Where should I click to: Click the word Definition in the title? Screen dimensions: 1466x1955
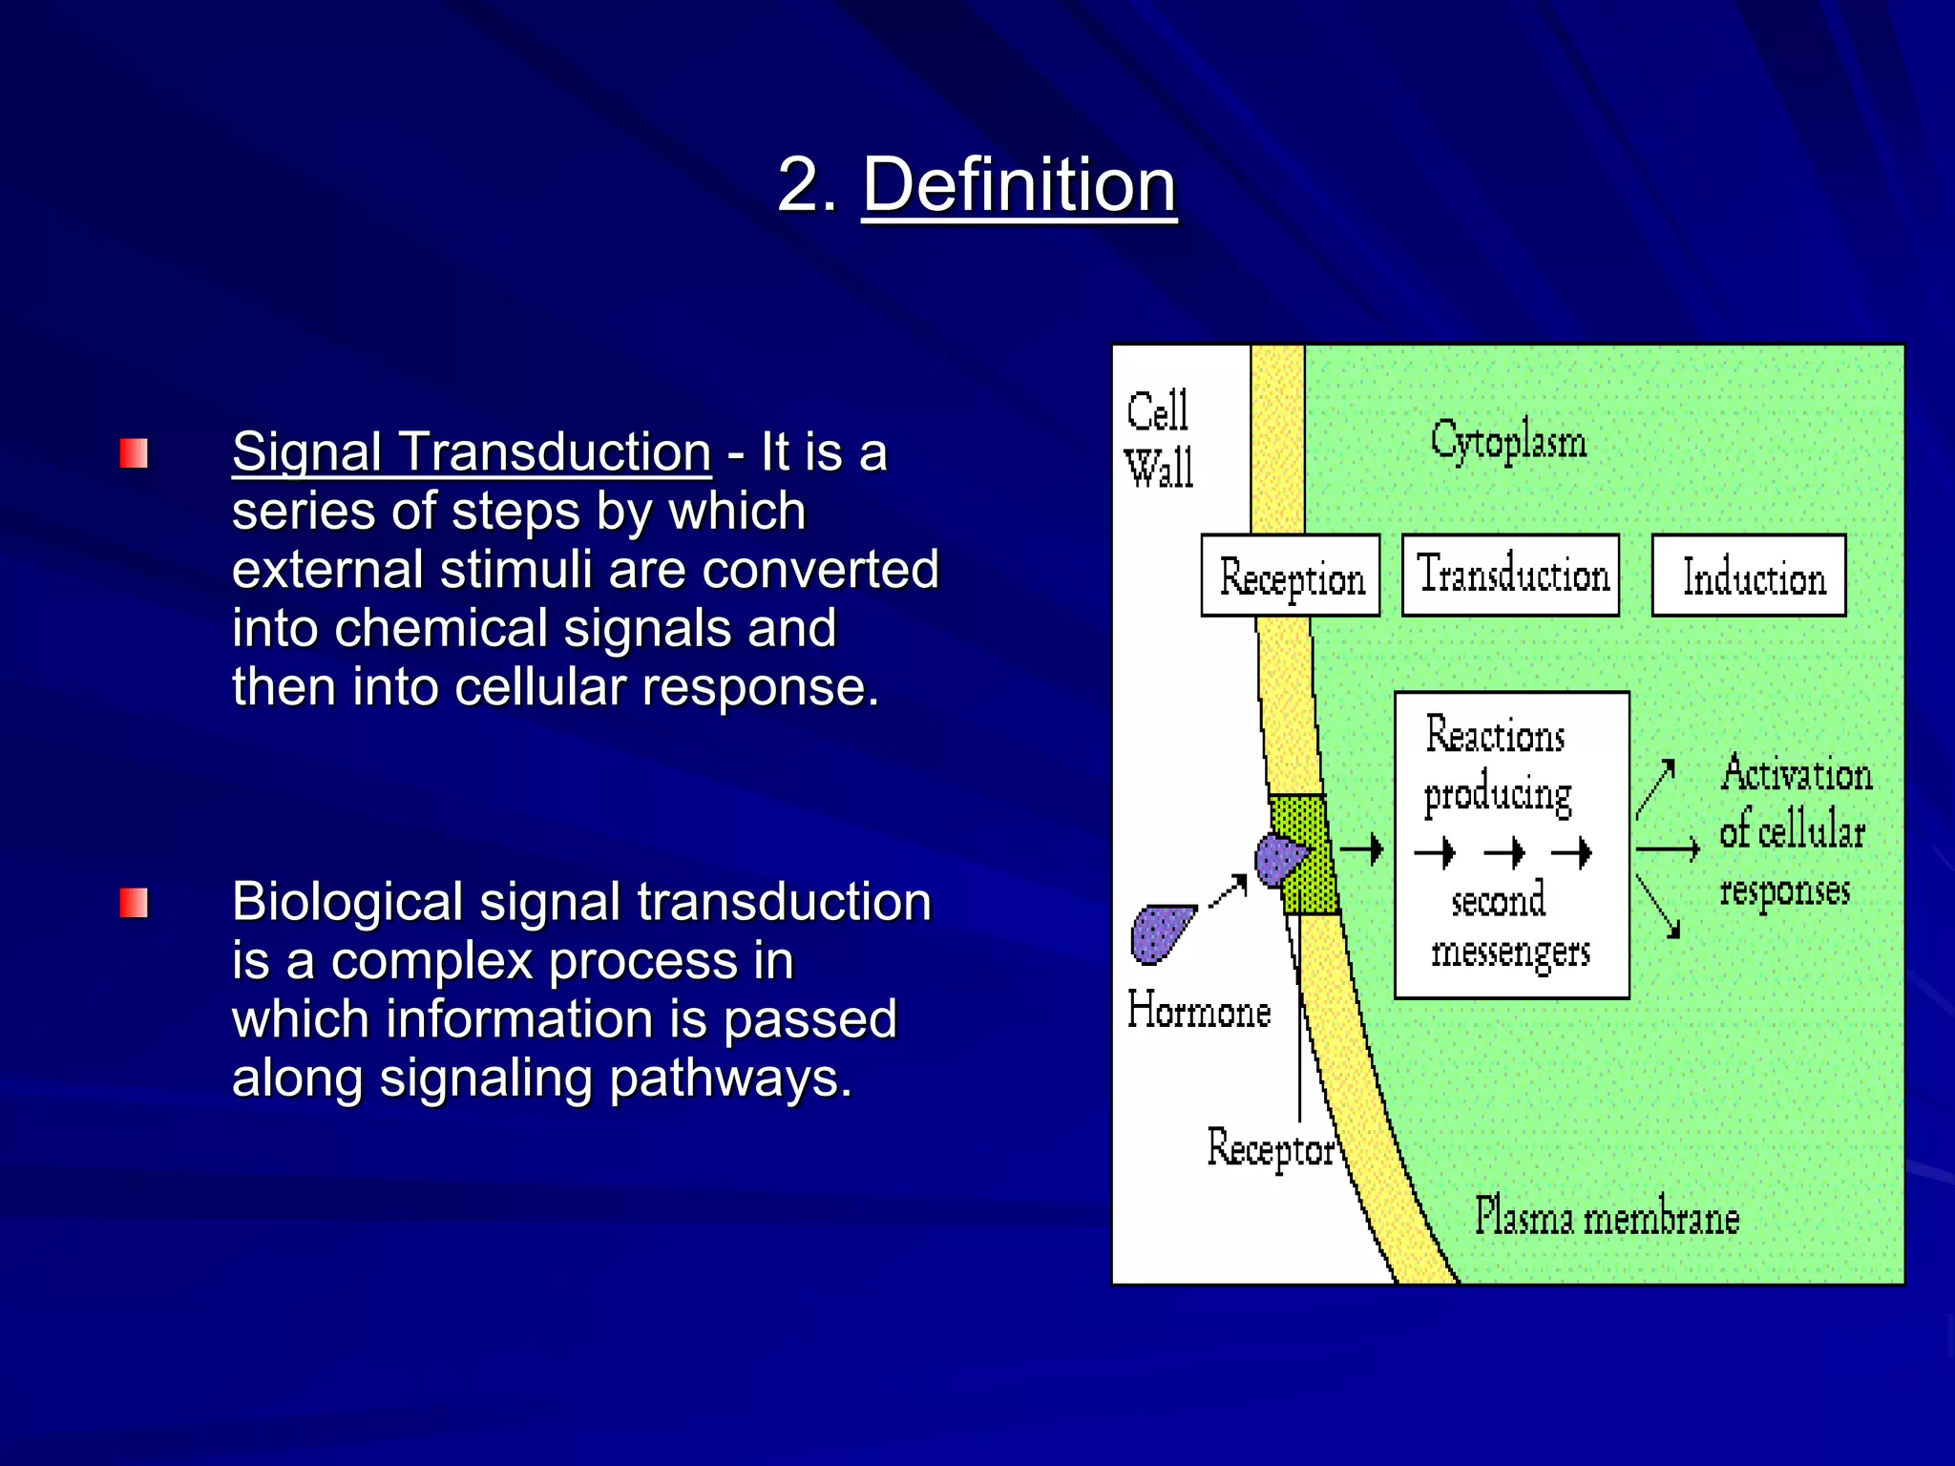coord(1019,185)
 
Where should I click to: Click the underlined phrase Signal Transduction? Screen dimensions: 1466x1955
coord(472,451)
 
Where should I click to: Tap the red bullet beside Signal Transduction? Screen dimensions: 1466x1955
coord(134,453)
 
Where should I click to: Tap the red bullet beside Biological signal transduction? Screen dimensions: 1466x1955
coord(134,903)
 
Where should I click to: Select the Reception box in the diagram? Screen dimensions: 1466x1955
coord(1291,576)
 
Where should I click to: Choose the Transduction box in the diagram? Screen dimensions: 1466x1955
coord(1511,576)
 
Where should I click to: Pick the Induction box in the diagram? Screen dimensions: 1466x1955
coord(1749,576)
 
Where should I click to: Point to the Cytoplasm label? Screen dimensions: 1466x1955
coord(1508,442)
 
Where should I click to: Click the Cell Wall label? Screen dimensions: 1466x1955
coord(1159,440)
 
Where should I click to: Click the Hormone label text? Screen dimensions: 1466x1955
coord(1199,1011)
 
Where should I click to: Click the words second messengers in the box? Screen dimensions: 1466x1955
coord(1508,927)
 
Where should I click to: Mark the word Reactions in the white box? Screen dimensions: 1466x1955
coord(1495,735)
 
